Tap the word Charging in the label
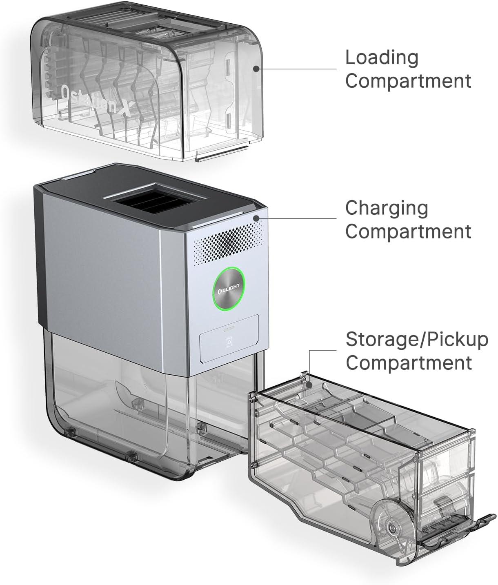pyautogui.click(x=387, y=209)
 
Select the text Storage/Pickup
pyautogui.click(x=417, y=340)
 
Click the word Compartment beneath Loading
pyautogui.click(x=408, y=82)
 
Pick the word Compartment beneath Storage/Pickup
pyautogui.click(x=409, y=363)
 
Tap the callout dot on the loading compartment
pyautogui.click(x=256, y=69)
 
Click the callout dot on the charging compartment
pyautogui.click(x=256, y=218)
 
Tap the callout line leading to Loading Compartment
pyautogui.click(x=296, y=69)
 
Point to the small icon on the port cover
pyautogui.click(x=229, y=342)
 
